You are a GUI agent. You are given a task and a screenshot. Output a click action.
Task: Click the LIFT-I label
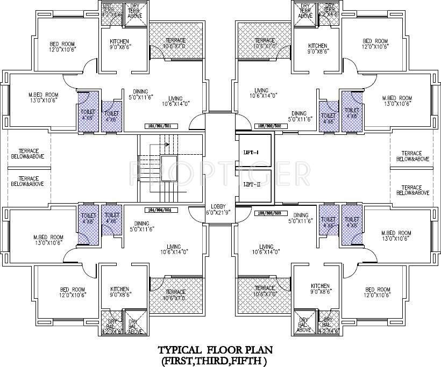[x=251, y=153]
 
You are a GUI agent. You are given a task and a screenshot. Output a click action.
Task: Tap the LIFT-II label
[x=251, y=184]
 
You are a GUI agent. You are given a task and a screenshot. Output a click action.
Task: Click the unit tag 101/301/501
[x=162, y=126]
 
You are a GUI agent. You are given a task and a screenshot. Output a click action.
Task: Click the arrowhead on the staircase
[x=167, y=144]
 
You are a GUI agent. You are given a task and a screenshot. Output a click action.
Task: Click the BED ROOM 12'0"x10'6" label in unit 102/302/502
[x=375, y=44]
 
